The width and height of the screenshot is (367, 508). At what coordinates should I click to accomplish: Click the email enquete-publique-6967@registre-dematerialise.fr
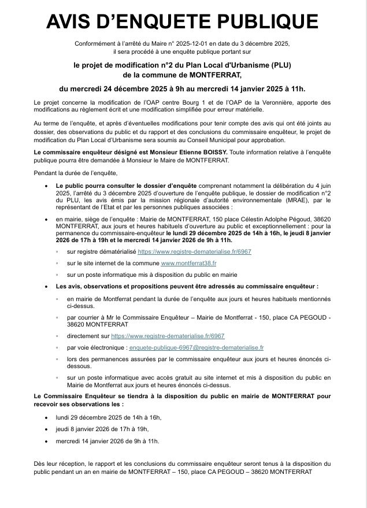(x=197, y=347)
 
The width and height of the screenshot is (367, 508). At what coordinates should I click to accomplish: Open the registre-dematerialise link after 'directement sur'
(x=168, y=336)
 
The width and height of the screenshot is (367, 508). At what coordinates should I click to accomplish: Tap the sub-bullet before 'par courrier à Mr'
(x=57, y=317)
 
